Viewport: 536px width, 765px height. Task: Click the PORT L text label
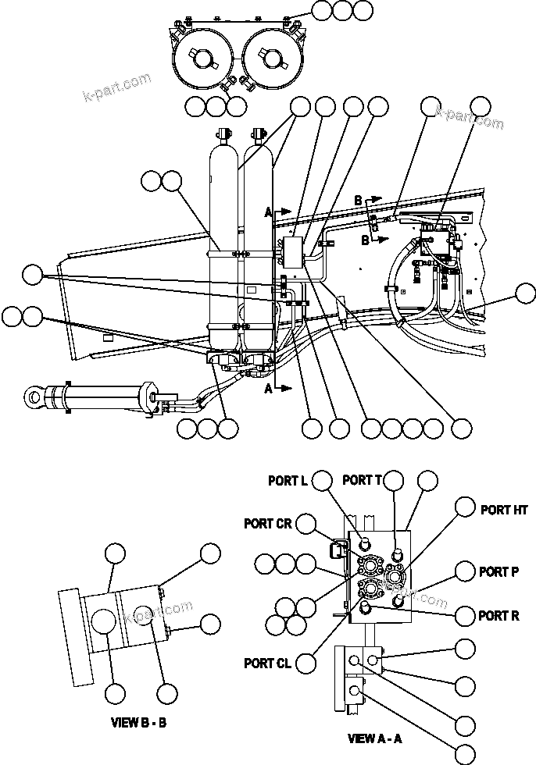[x=288, y=481]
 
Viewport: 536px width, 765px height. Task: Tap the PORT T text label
[x=362, y=480]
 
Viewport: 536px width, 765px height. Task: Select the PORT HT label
[x=504, y=510]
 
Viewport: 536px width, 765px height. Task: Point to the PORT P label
[x=498, y=572]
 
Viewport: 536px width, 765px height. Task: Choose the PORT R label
[x=498, y=616]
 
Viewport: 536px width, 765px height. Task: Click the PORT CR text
[x=268, y=524]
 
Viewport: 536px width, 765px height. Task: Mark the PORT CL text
[x=267, y=664]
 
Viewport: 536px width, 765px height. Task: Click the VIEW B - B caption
[x=138, y=722]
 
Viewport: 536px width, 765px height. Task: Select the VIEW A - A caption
[x=375, y=738]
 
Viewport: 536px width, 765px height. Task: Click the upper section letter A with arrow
[x=270, y=212]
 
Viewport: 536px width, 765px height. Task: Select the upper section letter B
[x=359, y=201]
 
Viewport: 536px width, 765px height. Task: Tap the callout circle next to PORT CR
[x=307, y=524]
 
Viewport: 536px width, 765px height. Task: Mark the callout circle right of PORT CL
[x=306, y=664]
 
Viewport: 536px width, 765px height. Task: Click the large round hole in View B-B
[x=105, y=623]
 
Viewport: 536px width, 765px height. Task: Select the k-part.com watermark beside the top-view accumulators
[x=116, y=87]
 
